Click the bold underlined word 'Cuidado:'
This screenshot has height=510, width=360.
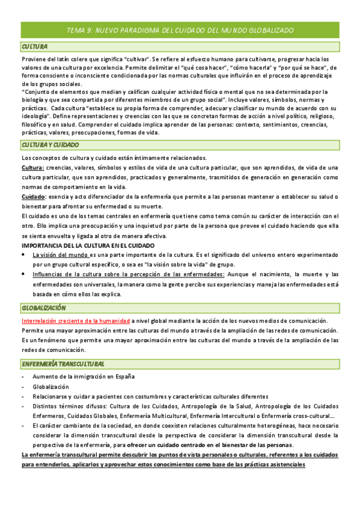[x=34, y=197]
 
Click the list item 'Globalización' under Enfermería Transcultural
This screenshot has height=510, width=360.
[x=51, y=387]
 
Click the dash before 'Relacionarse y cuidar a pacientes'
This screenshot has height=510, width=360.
[x=23, y=397]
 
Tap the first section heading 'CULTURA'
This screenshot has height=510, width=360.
[x=35, y=47]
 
